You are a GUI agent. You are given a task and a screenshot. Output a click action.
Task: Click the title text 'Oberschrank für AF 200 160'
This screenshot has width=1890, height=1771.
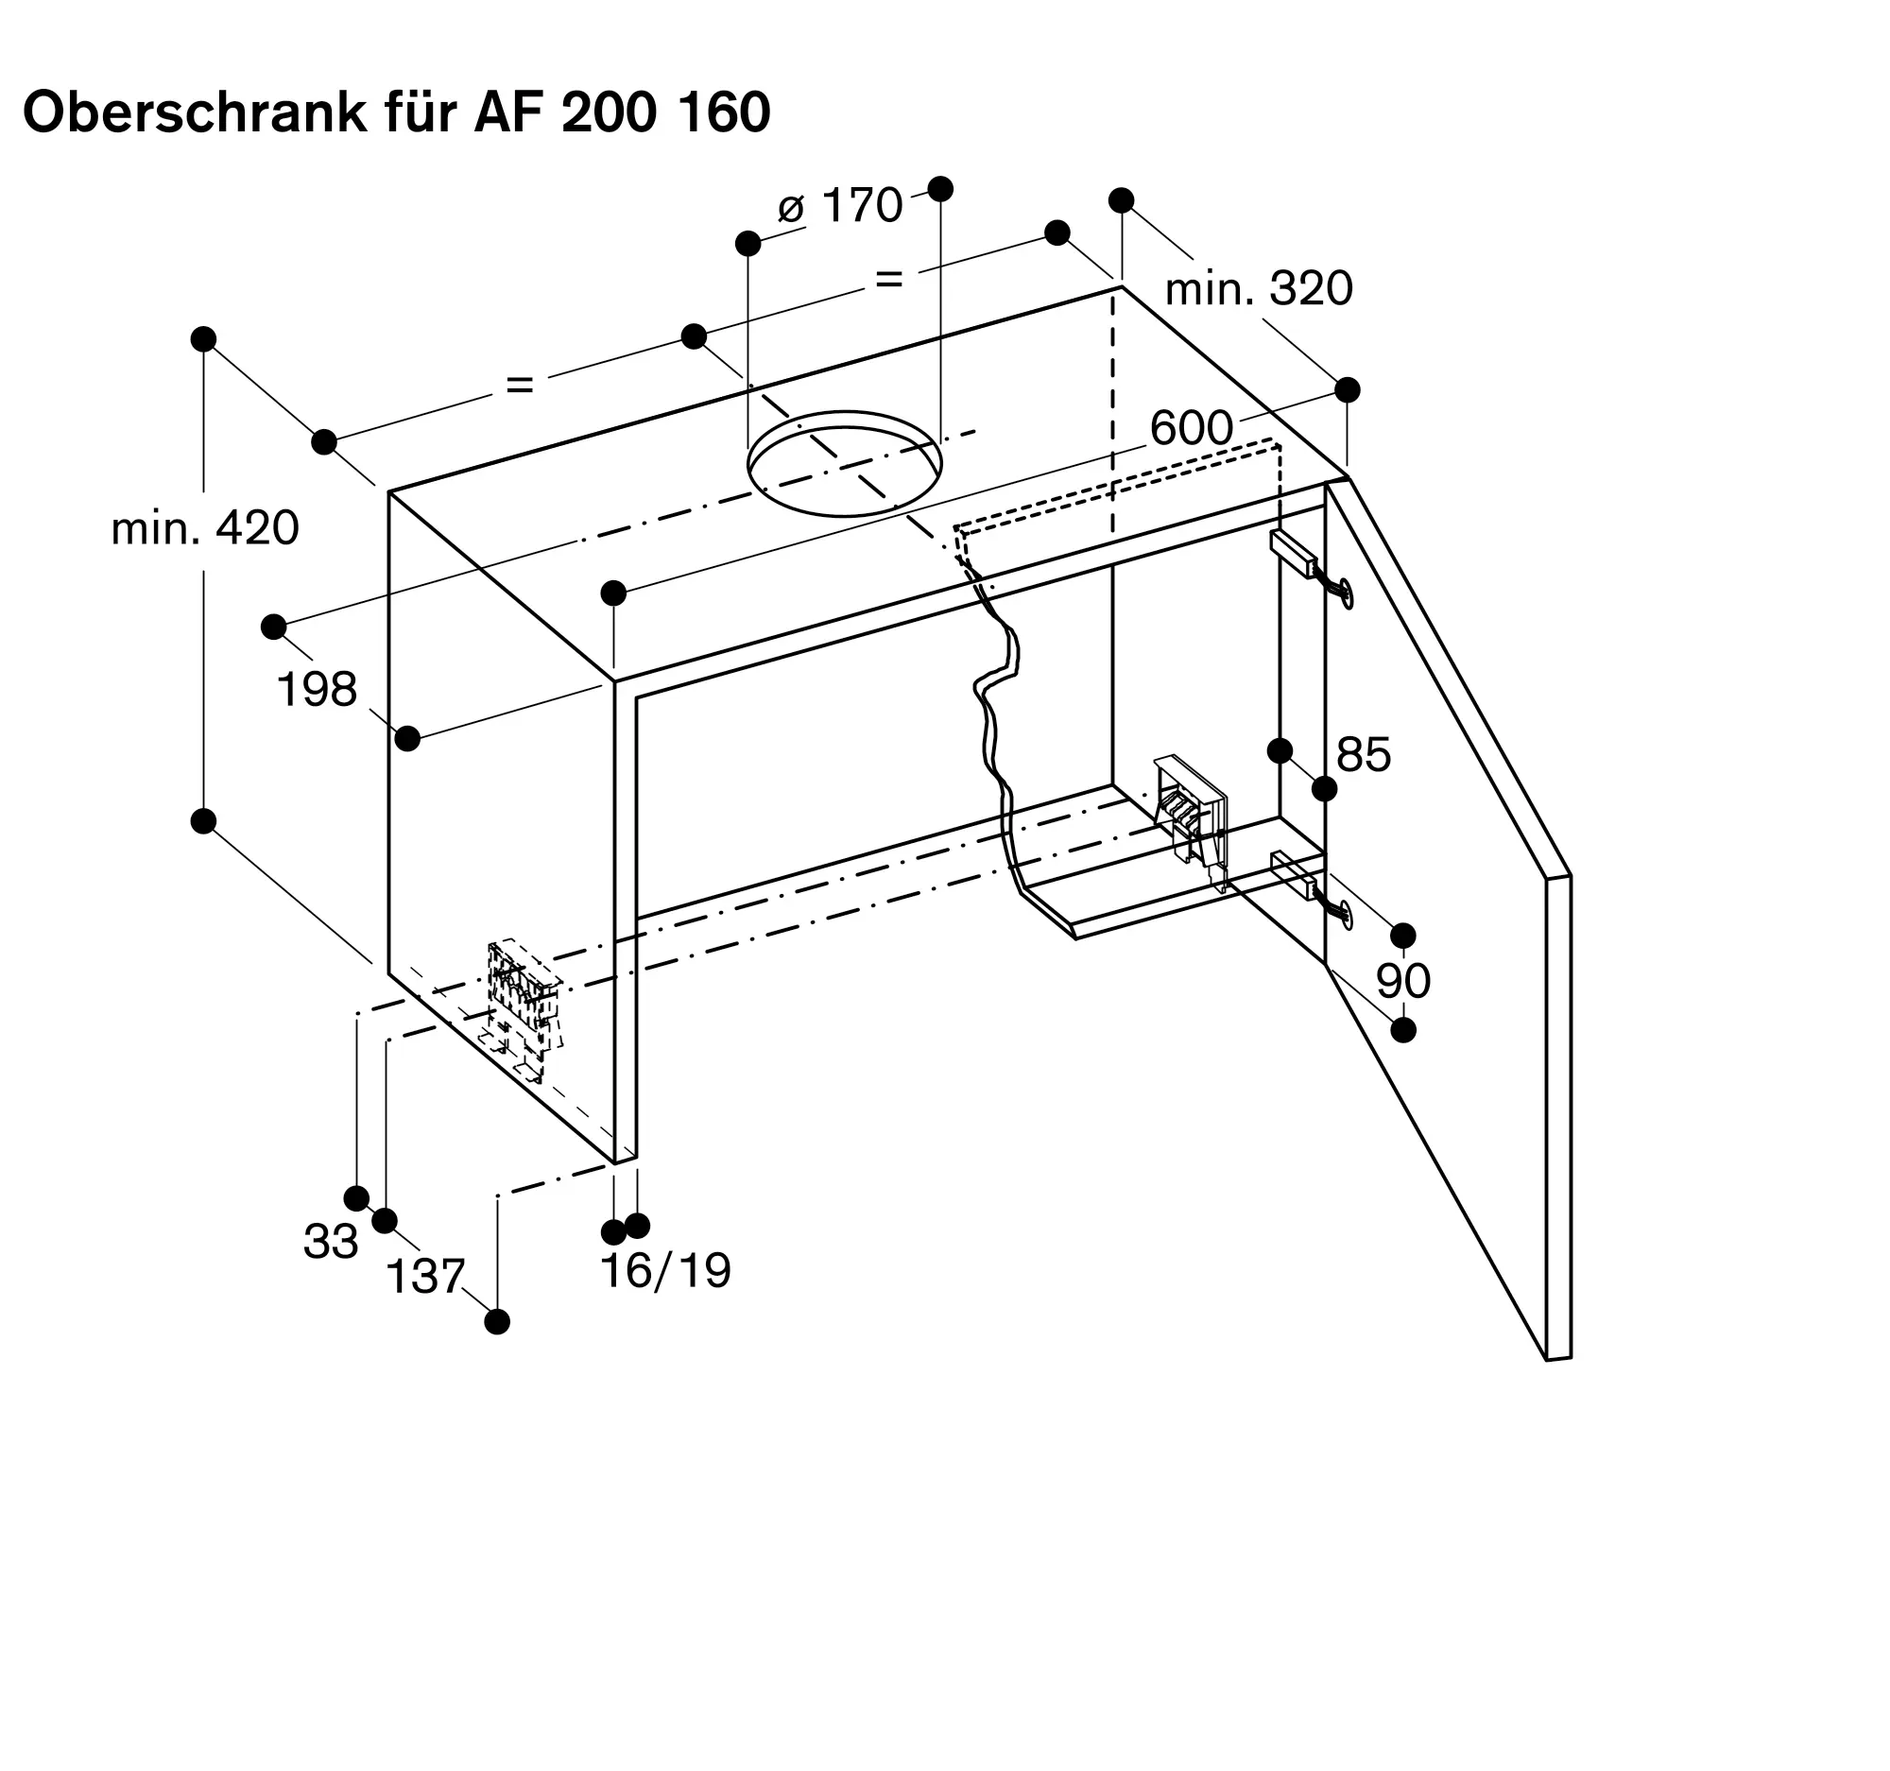397,113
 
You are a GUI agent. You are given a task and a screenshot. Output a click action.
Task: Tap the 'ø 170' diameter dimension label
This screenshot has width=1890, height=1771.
840,206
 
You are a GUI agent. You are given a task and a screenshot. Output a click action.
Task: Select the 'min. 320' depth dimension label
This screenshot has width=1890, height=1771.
1259,288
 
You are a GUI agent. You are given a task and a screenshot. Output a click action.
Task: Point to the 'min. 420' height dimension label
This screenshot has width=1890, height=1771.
205,527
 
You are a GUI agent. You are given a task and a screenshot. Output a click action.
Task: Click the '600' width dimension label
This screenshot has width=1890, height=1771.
1192,429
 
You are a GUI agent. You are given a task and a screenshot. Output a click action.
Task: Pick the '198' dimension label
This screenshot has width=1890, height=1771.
317,689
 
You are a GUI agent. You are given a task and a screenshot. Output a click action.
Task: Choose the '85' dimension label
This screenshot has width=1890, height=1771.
1364,755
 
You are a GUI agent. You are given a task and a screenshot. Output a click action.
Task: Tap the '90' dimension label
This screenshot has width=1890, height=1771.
1403,980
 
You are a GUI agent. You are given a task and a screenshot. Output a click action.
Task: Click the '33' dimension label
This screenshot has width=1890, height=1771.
331,1242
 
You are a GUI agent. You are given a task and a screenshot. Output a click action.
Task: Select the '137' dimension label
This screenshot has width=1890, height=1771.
425,1277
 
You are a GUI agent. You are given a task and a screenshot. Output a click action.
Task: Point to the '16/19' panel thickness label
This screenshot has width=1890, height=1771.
666,1270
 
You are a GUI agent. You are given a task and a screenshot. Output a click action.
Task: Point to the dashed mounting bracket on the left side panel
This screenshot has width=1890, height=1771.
523,1008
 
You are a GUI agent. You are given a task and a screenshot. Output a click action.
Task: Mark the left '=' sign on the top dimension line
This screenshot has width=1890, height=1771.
520,385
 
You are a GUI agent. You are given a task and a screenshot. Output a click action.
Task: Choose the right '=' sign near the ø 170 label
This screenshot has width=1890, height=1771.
888,280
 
